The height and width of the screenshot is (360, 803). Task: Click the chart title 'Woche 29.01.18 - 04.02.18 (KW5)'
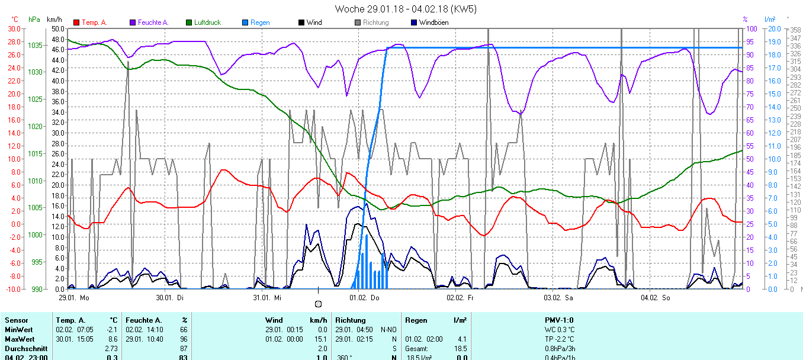(405, 9)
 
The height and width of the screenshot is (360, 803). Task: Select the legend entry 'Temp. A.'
(94, 22)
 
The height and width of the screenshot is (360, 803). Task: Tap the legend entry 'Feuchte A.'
(153, 22)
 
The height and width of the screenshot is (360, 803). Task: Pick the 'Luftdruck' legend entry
(207, 22)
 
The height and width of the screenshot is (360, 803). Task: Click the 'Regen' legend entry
(259, 22)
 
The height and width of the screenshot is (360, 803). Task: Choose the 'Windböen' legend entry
(433, 22)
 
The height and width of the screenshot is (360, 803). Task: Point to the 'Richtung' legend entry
(375, 22)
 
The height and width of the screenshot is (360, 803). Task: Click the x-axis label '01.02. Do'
(365, 298)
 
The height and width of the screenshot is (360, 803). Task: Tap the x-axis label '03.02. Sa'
(559, 298)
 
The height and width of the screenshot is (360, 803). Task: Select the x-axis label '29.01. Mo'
(74, 298)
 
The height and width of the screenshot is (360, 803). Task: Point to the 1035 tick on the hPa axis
(35, 45)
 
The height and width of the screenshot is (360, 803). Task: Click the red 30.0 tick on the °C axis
(13, 28)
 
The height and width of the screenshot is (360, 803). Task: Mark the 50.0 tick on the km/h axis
(57, 28)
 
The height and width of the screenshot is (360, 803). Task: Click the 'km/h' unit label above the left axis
(55, 20)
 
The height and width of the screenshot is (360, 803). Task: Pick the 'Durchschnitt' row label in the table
(24, 348)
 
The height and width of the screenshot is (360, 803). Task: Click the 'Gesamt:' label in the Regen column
(417, 348)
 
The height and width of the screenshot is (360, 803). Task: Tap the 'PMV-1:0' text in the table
(559, 320)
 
